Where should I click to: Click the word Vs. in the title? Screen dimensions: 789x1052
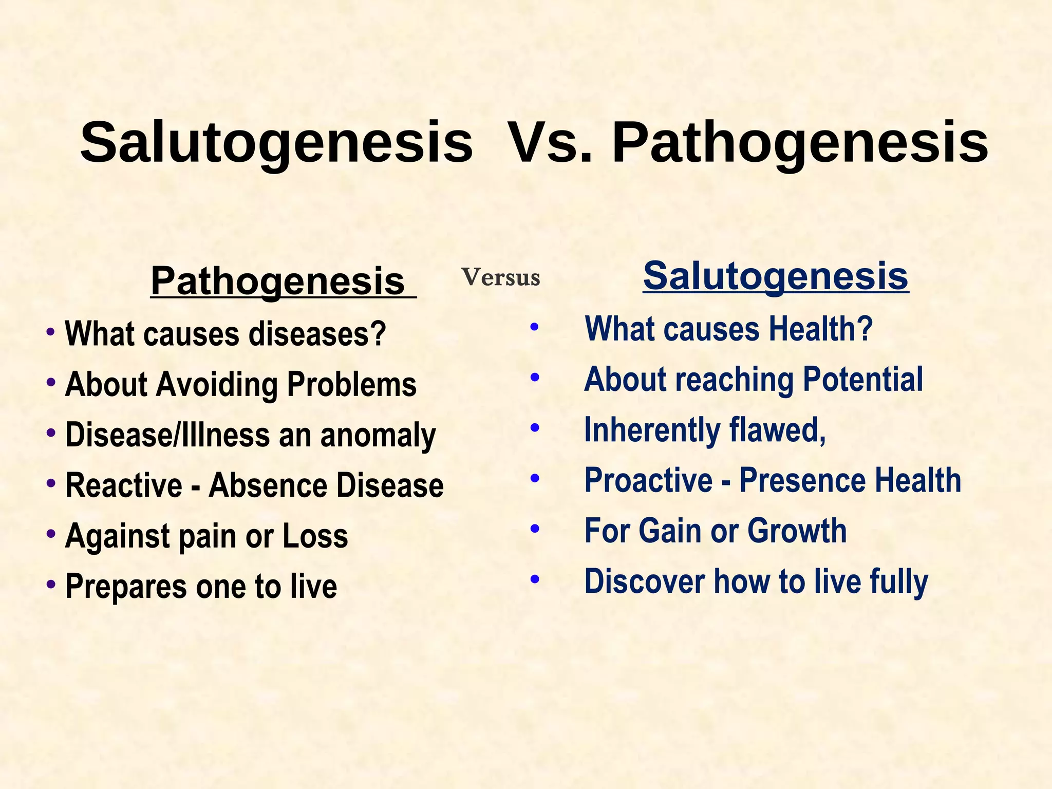tap(550, 142)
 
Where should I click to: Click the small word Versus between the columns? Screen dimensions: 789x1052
tap(501, 278)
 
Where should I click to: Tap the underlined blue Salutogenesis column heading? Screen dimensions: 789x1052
tap(776, 276)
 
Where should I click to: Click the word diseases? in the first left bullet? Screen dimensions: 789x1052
tap(317, 334)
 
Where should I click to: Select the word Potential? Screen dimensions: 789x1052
tap(862, 380)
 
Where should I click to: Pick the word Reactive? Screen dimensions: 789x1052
tap(124, 485)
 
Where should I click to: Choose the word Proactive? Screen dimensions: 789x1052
tap(648, 480)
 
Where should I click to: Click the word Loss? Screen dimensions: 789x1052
tap(315, 536)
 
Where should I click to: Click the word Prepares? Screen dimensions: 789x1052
tap(126, 587)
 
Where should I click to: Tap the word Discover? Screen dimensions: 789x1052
tap(644, 581)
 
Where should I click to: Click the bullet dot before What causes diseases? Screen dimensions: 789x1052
tap(50, 331)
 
